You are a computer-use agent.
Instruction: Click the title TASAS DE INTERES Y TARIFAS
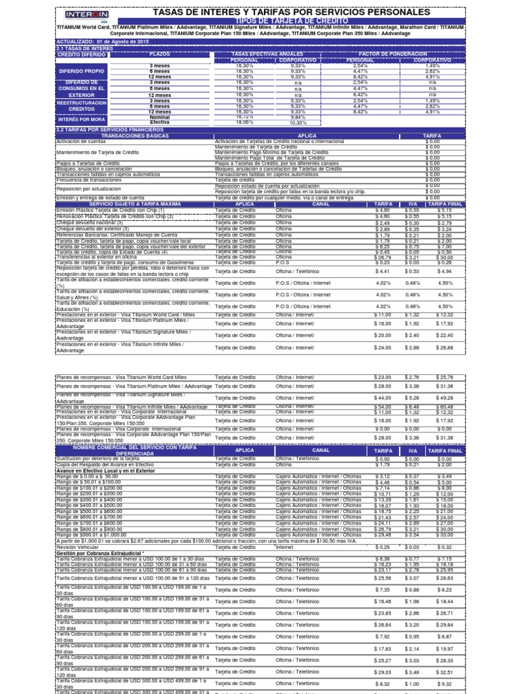292,12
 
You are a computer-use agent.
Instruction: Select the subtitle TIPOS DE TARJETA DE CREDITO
292,21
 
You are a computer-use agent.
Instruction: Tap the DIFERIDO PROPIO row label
81,70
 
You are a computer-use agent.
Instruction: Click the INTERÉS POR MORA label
81,119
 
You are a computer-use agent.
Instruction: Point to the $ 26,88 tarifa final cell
445,348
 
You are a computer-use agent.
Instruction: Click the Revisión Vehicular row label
79,546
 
